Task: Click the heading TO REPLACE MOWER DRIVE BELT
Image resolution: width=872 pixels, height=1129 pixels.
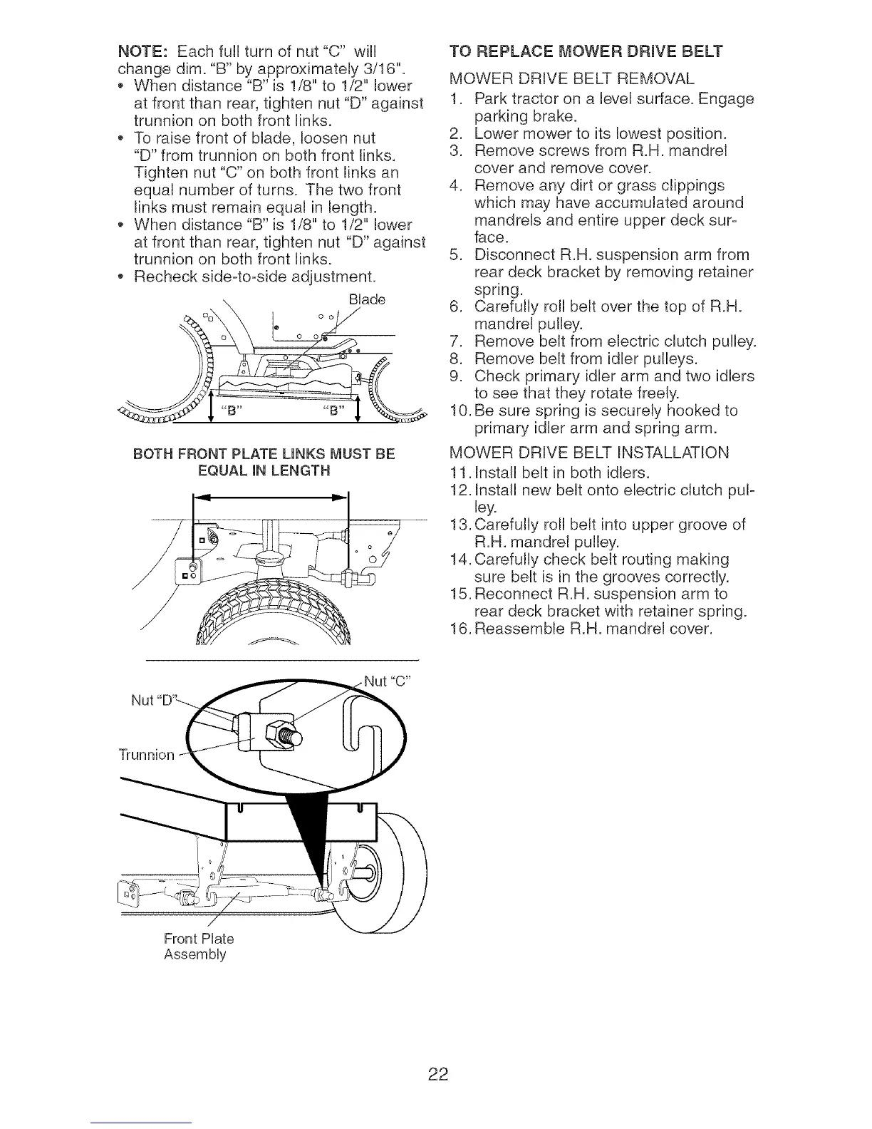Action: (x=586, y=51)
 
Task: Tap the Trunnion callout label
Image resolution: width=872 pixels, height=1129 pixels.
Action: (x=145, y=755)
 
